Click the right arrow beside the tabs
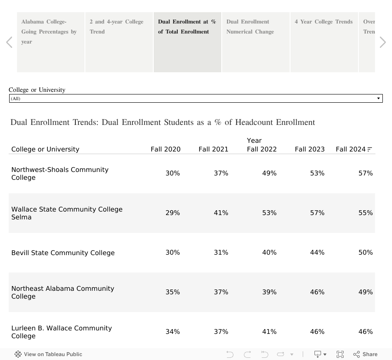[382, 42]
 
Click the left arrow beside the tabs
[9, 42]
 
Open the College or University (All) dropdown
[196, 98]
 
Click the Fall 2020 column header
[166, 149]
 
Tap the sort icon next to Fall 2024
[370, 149]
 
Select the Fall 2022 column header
[262, 149]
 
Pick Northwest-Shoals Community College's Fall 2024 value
[365, 173]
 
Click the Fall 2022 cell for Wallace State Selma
[269, 213]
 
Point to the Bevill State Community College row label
[63, 253]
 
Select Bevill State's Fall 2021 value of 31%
[221, 252]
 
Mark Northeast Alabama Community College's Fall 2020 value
[172, 292]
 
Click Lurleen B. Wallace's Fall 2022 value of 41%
[269, 332]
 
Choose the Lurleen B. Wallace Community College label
[61, 332]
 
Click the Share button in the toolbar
[365, 354]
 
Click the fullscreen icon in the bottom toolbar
[340, 354]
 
